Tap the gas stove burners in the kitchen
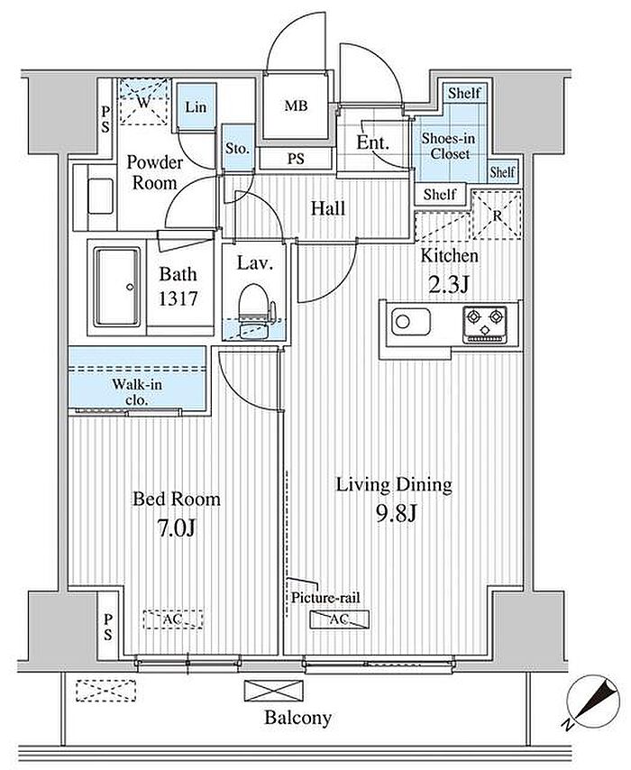pyautogui.click(x=485, y=323)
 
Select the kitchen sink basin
pyautogui.click(x=411, y=322)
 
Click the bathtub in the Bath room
pyautogui.click(x=117, y=287)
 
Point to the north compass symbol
pyautogui.click(x=590, y=701)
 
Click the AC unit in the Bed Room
pyautogui.click(x=173, y=619)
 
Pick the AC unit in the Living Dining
pyautogui.click(x=339, y=619)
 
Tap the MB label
pyautogui.click(x=296, y=105)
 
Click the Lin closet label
pyautogui.click(x=196, y=107)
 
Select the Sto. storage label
pyautogui.click(x=237, y=148)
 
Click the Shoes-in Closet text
pyautogui.click(x=448, y=146)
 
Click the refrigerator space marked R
pyautogui.click(x=497, y=215)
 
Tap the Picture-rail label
pyautogui.click(x=325, y=598)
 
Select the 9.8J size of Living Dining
pyautogui.click(x=396, y=514)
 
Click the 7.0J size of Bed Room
pyautogui.click(x=177, y=527)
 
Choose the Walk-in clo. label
pyautogui.click(x=136, y=392)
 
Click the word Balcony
pyautogui.click(x=297, y=718)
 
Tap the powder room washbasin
pyautogui.click(x=101, y=197)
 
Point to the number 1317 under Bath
pyautogui.click(x=178, y=298)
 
